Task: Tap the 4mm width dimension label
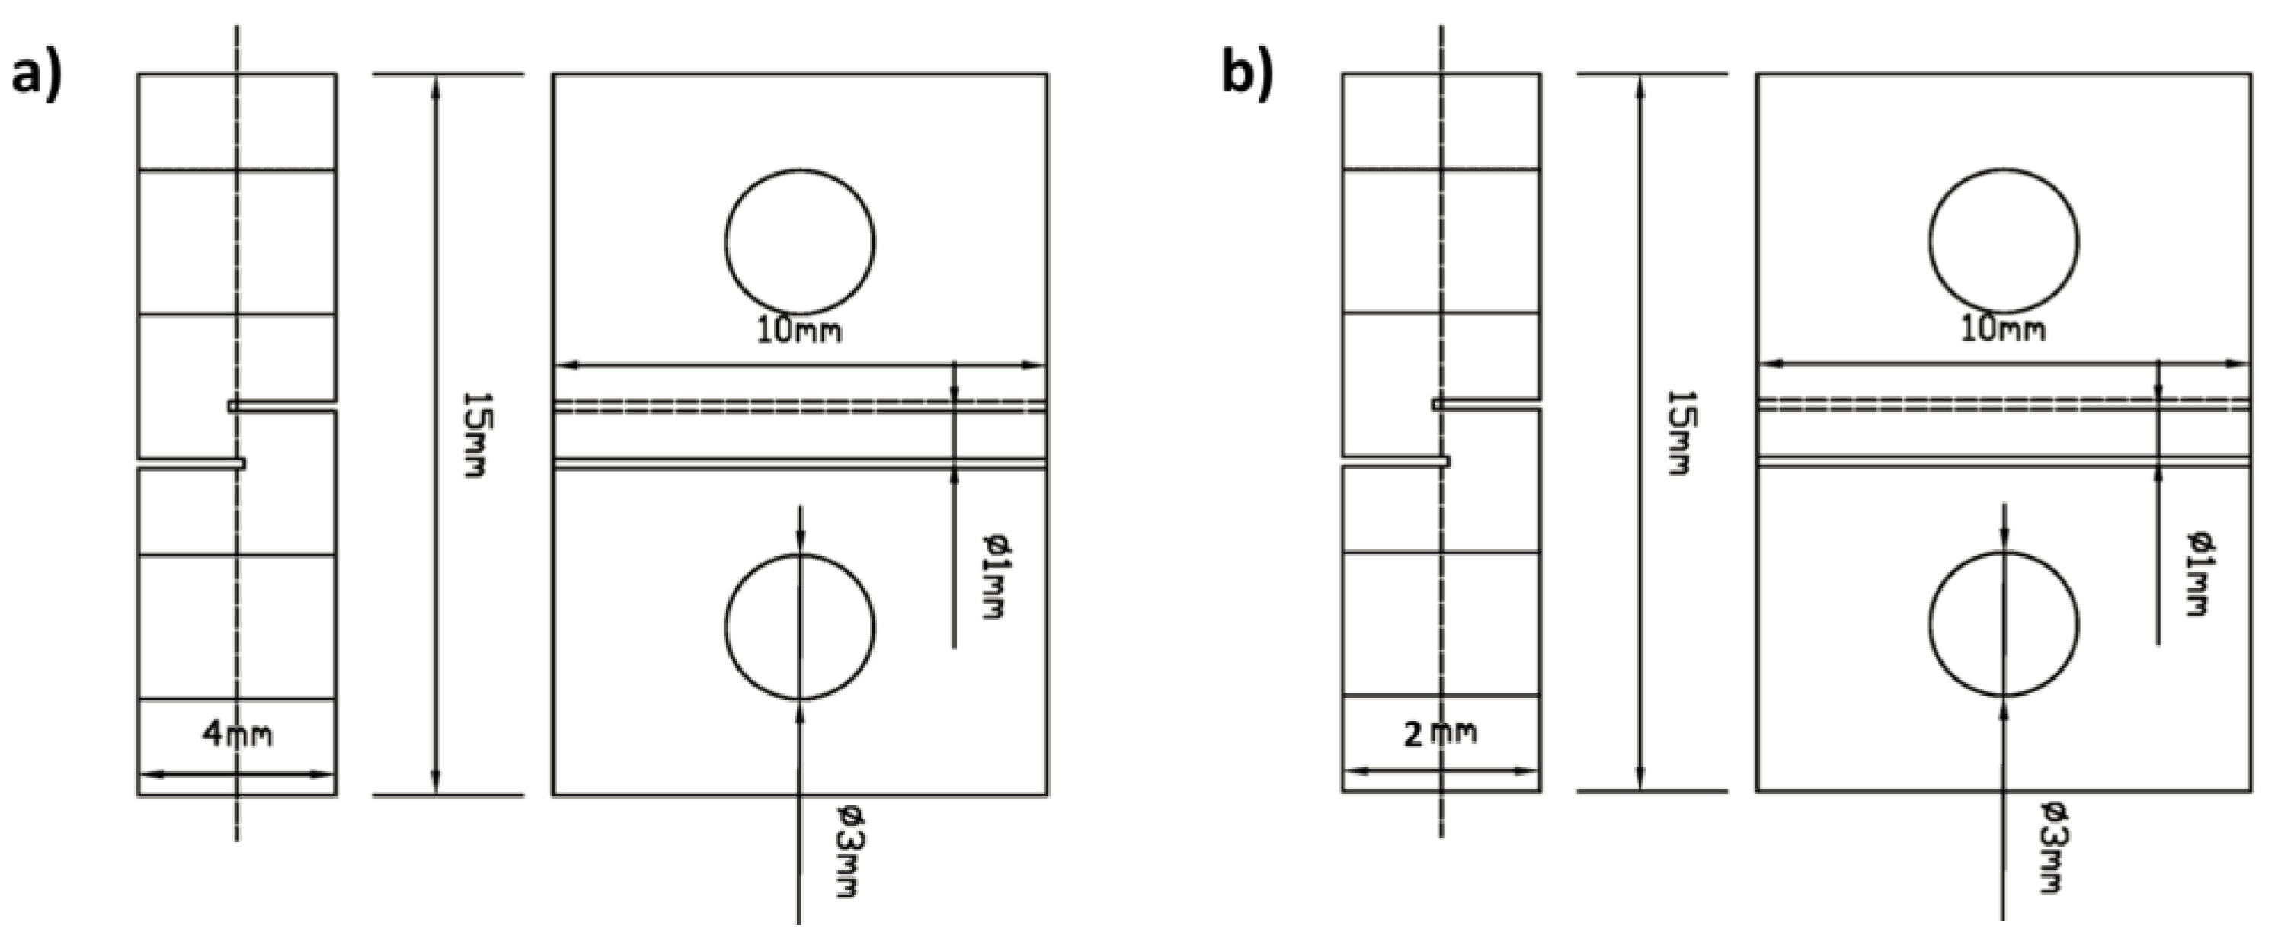click(x=237, y=734)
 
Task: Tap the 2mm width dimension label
click(x=1441, y=732)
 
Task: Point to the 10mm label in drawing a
click(x=798, y=331)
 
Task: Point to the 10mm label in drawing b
click(x=2003, y=329)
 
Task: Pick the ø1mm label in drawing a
click(x=997, y=575)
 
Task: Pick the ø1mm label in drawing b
click(x=2201, y=573)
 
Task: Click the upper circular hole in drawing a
click(x=799, y=241)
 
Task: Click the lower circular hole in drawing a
click(x=799, y=626)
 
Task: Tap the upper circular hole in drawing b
click(x=2004, y=241)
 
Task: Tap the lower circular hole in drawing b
click(x=2004, y=623)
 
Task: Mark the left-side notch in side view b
click(x=1396, y=462)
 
